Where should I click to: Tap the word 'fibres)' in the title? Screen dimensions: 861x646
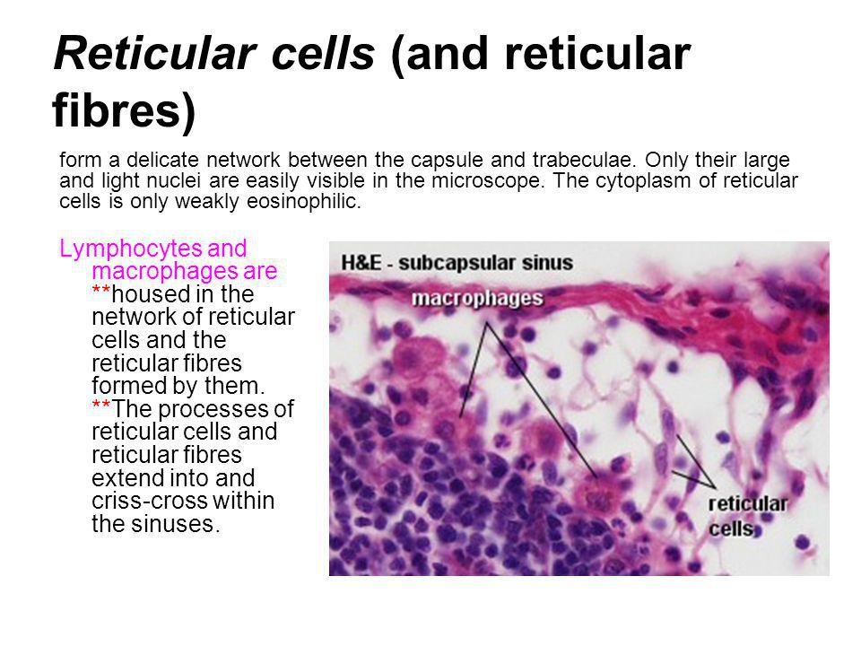click(x=124, y=111)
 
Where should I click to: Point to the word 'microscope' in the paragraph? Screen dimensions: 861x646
click(x=487, y=180)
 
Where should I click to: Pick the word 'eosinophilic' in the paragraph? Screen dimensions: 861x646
click(x=304, y=201)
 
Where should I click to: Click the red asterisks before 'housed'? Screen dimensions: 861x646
click(x=101, y=290)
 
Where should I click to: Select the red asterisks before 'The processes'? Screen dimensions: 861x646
click(x=101, y=405)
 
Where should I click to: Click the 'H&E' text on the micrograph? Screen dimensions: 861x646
click(x=361, y=263)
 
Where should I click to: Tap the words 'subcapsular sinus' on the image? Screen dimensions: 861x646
click(x=485, y=264)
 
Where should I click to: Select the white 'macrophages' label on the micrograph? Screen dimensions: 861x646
click(x=477, y=299)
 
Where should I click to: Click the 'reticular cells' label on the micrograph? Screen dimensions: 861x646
click(x=747, y=516)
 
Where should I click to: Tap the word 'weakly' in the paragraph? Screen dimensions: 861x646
click(x=208, y=202)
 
